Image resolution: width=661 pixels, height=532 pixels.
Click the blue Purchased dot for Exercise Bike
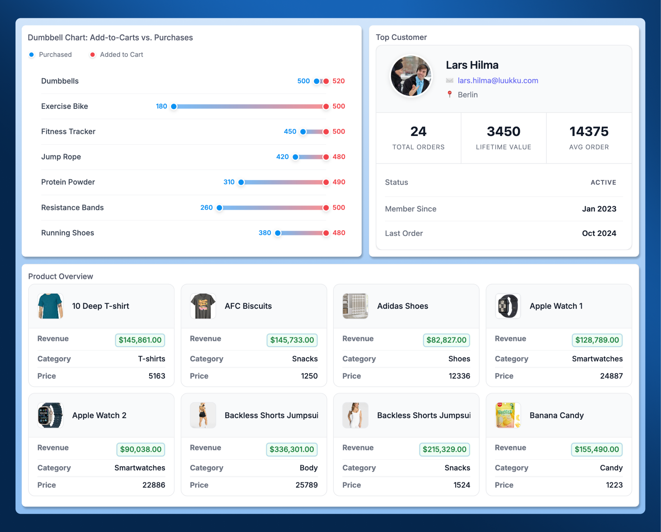click(174, 106)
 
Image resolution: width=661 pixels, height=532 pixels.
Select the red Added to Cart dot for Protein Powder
click(326, 182)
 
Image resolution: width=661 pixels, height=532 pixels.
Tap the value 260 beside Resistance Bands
click(206, 208)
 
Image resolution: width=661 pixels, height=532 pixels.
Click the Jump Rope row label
click(61, 157)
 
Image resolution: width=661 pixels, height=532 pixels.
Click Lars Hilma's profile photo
click(411, 76)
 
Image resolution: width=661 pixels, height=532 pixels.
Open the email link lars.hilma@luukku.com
click(498, 81)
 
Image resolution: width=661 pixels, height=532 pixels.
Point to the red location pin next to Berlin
click(450, 94)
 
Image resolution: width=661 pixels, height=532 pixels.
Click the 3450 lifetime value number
click(503, 132)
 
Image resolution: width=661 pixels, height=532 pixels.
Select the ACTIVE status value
click(603, 182)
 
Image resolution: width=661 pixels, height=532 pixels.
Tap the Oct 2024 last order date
click(599, 233)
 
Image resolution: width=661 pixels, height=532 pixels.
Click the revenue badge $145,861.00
click(140, 340)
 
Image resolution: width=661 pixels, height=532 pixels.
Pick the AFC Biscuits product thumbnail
click(203, 306)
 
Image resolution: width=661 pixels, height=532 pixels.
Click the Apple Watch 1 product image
click(508, 306)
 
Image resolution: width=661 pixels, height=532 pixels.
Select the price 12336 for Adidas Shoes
click(459, 376)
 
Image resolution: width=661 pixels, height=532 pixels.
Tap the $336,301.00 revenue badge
click(291, 449)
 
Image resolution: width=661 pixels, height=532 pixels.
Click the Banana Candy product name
click(556, 415)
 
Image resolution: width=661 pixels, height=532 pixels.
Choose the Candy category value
click(611, 468)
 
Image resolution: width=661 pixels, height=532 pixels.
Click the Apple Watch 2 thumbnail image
click(50, 415)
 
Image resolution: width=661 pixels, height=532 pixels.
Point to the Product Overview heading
click(61, 276)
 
